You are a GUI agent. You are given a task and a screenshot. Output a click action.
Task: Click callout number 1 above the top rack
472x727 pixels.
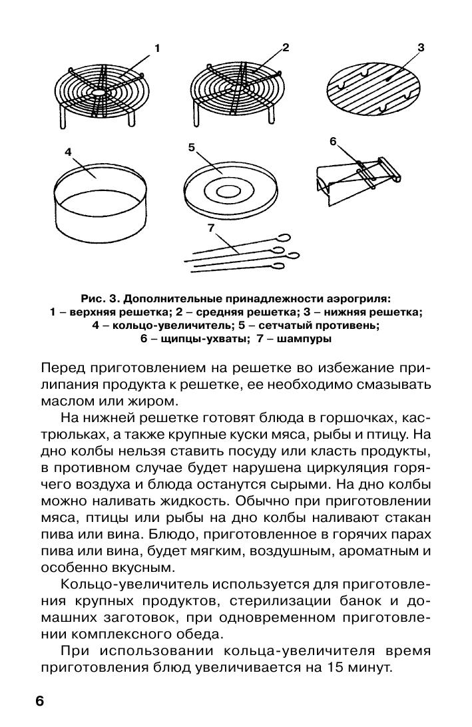click(158, 48)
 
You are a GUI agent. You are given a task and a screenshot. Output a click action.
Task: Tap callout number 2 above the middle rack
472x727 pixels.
click(286, 47)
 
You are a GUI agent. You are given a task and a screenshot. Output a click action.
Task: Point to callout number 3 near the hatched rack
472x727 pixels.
click(421, 48)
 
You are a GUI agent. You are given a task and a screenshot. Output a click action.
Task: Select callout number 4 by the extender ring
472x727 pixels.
click(68, 152)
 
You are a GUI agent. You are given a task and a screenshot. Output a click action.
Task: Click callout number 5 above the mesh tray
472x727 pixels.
click(191, 148)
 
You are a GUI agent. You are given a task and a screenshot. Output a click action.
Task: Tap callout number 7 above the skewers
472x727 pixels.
click(210, 228)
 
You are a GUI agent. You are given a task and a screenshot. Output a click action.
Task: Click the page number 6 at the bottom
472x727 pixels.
click(39, 701)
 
